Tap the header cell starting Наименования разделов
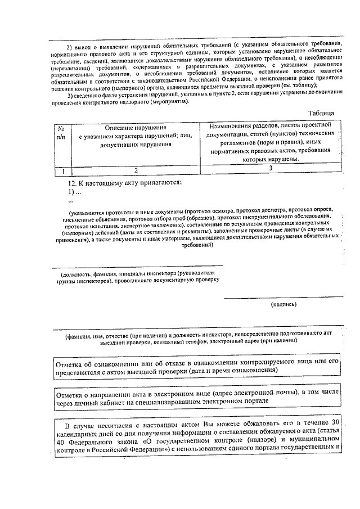271,141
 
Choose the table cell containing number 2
136,169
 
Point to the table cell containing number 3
271,168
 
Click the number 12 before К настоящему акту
72,183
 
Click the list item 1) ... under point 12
74,192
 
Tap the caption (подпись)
283,304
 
